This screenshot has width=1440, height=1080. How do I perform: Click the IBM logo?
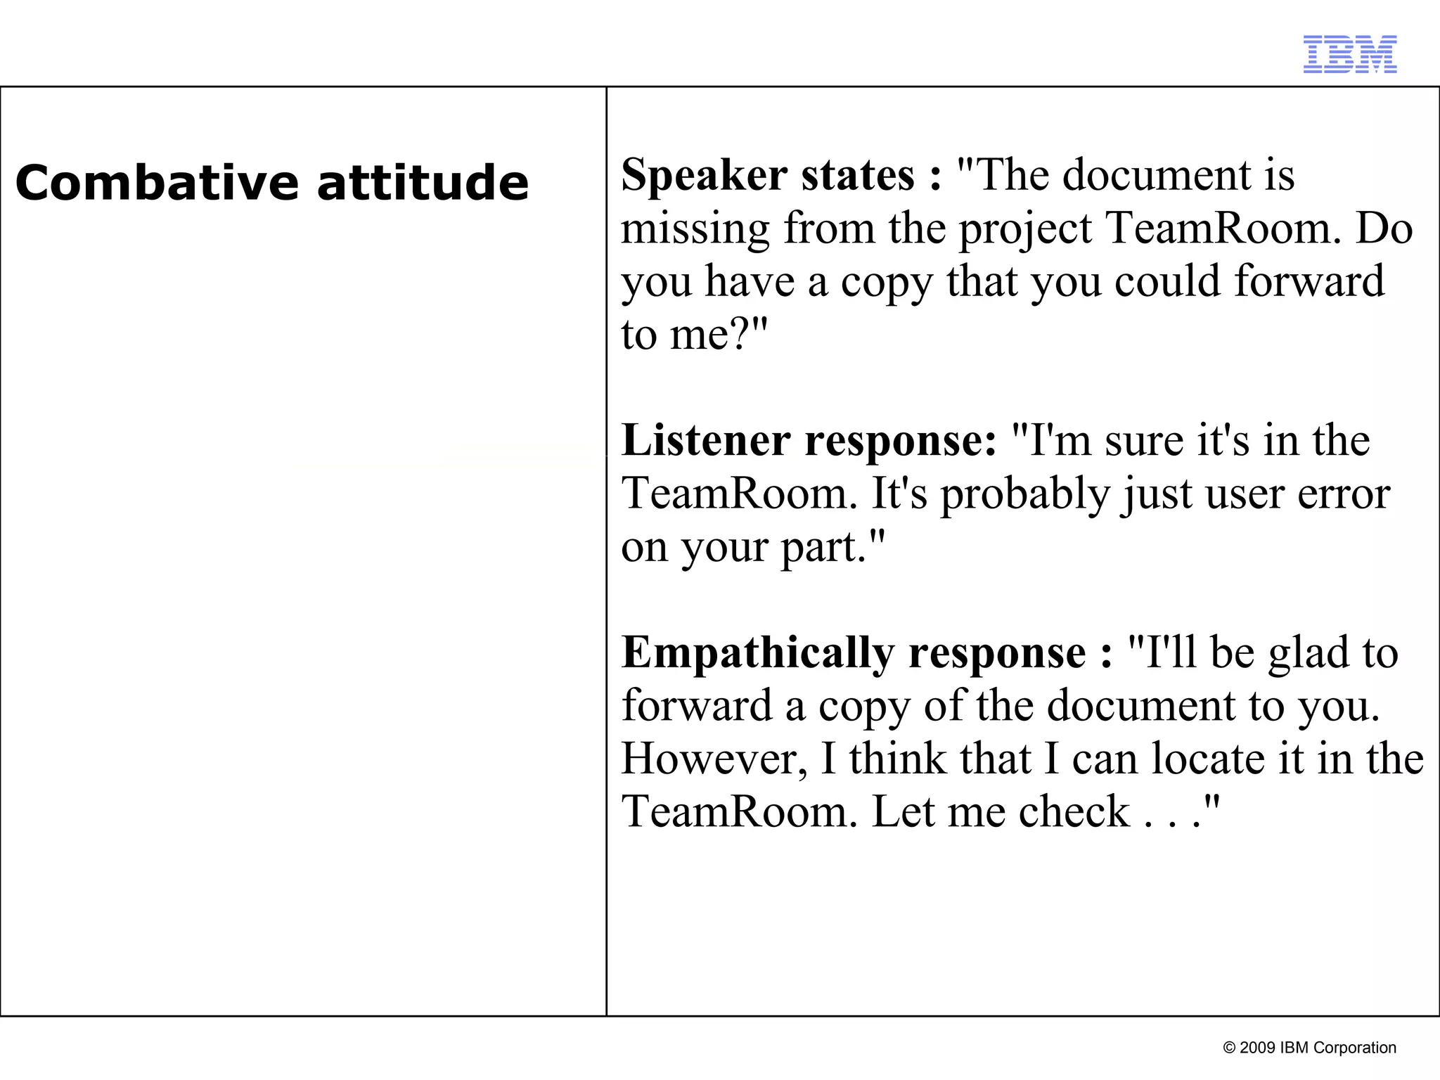(x=1350, y=54)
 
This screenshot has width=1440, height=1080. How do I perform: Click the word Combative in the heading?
(x=155, y=183)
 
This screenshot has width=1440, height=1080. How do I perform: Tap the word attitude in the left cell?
(x=423, y=183)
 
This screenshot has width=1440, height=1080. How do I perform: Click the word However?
(x=714, y=759)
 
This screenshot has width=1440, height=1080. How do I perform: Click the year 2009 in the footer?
(x=1256, y=1048)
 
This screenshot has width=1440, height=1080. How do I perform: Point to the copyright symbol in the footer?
(x=1230, y=1048)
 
